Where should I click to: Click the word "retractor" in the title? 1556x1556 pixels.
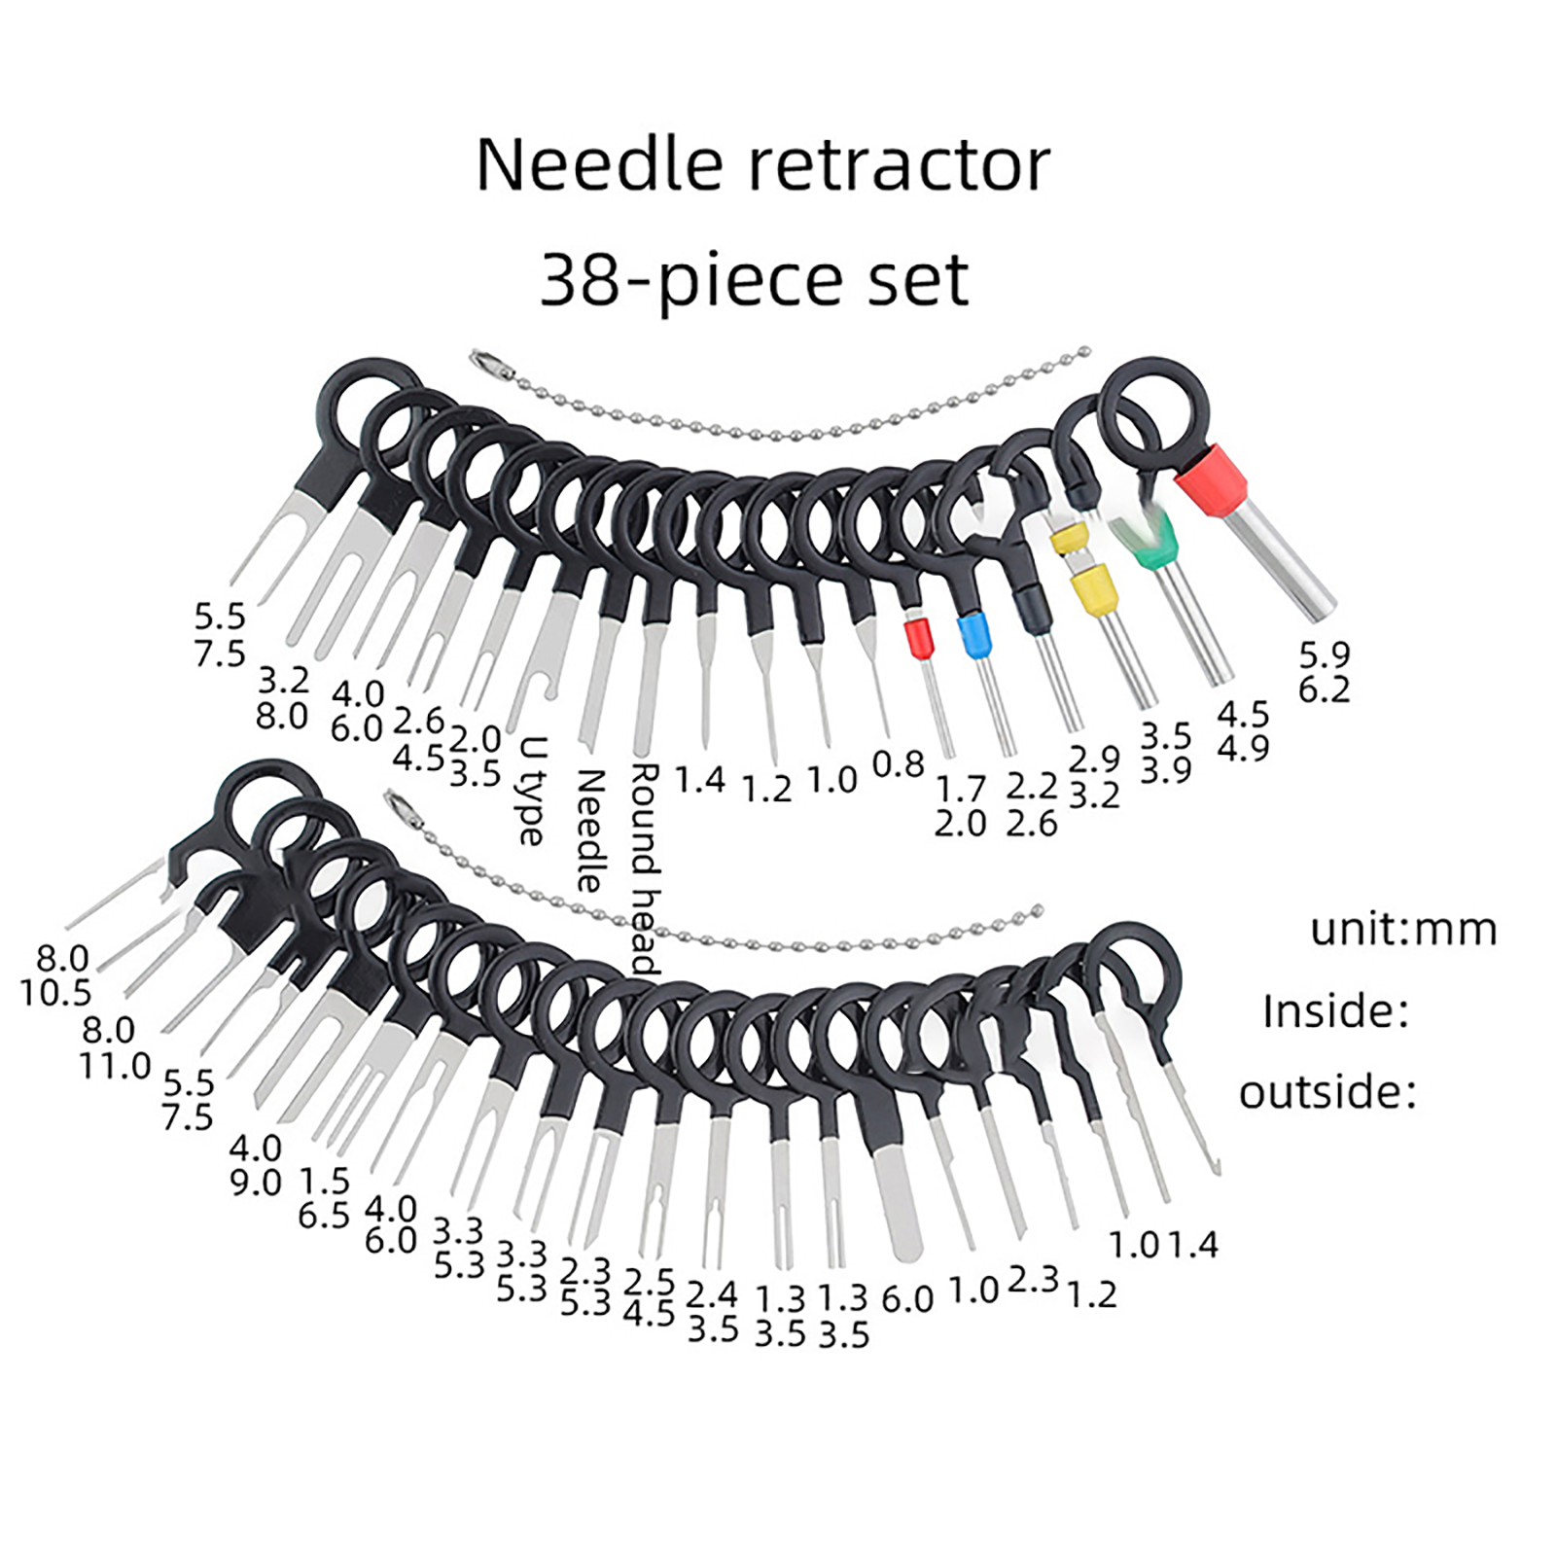click(x=899, y=165)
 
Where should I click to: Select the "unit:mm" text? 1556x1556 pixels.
click(x=1403, y=930)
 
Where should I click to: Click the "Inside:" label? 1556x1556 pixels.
click(x=1335, y=1011)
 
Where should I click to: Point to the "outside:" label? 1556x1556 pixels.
click(x=1327, y=1092)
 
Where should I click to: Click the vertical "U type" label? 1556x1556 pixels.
click(x=533, y=790)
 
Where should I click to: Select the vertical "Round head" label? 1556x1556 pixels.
click(x=646, y=867)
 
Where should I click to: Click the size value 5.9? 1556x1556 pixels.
click(x=1324, y=654)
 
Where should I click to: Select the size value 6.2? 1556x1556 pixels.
click(x=1324, y=690)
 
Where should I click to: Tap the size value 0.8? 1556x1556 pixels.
click(x=898, y=764)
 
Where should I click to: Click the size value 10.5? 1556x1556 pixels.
click(x=55, y=993)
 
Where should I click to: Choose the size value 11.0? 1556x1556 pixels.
click(x=115, y=1066)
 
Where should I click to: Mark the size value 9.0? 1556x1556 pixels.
click(x=255, y=1183)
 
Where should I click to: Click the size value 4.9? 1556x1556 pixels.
click(x=1243, y=749)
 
